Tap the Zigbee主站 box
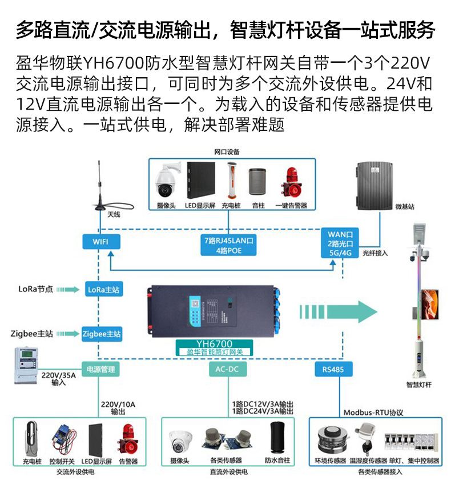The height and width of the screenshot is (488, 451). pos(102,333)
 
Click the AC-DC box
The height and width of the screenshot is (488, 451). pos(227,370)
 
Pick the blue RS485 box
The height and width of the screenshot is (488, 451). pos(333,370)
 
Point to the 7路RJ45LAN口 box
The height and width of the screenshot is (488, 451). pos(228,245)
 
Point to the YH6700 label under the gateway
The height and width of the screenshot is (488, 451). pos(214,344)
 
